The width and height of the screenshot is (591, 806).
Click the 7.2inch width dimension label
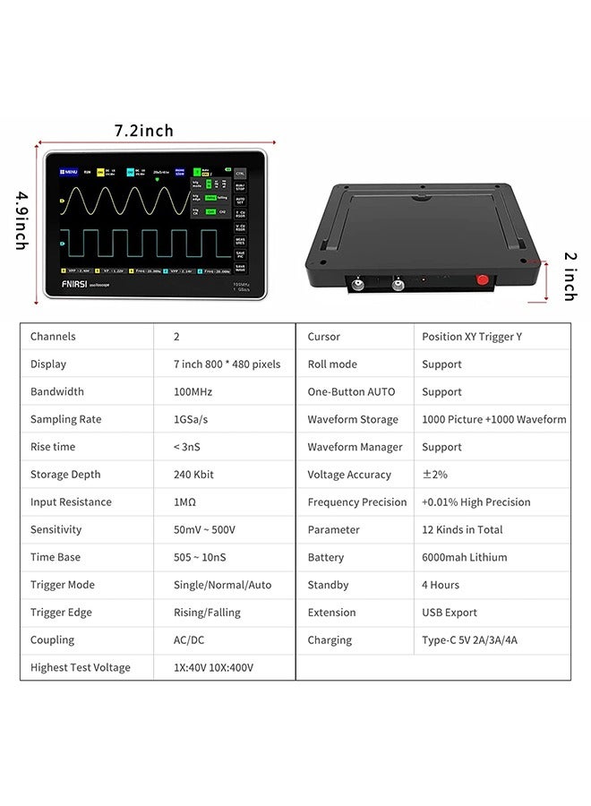tap(143, 131)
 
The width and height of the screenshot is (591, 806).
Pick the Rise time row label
tap(53, 447)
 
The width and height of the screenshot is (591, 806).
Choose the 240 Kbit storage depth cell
tap(200, 475)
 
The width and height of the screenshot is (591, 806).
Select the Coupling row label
tap(52, 640)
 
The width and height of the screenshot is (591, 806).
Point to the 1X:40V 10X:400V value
tap(213, 667)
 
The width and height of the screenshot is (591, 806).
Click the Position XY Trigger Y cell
tap(471, 337)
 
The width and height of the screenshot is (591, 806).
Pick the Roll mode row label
tap(332, 364)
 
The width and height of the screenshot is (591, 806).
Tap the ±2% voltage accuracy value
tap(433, 475)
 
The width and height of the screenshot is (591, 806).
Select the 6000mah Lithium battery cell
tap(464, 557)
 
